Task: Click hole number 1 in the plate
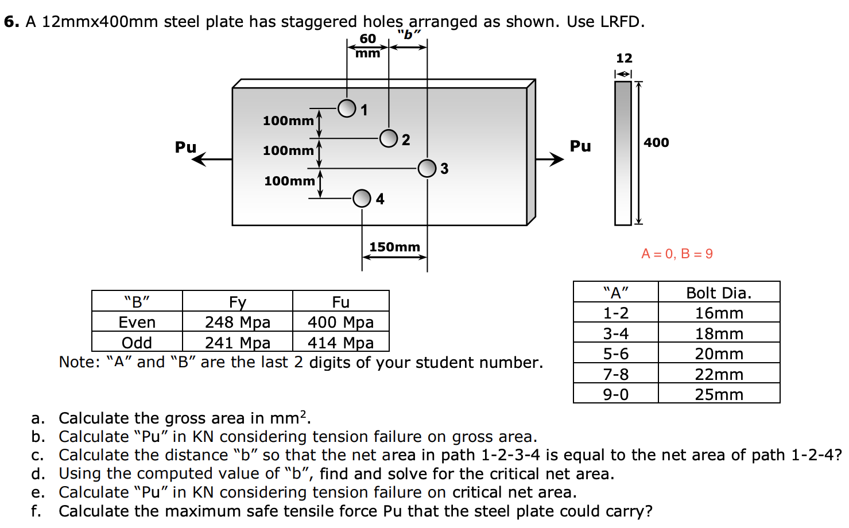pos(347,108)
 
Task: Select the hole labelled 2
pos(389,138)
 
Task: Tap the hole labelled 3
pos(427,168)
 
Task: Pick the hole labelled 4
pos(362,198)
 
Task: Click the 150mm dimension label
pos(394,247)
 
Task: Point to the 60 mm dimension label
pos(368,45)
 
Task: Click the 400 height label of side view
pos(656,142)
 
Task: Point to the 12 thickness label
pos(624,58)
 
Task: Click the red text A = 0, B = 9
pos(677,254)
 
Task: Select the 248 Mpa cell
pos(238,322)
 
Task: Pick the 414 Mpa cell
pos(340,343)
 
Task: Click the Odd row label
pos(137,343)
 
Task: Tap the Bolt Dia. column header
pos(719,293)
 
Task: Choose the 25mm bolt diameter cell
pos(719,394)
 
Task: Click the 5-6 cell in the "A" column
pos(615,354)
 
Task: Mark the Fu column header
pos(340,302)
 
